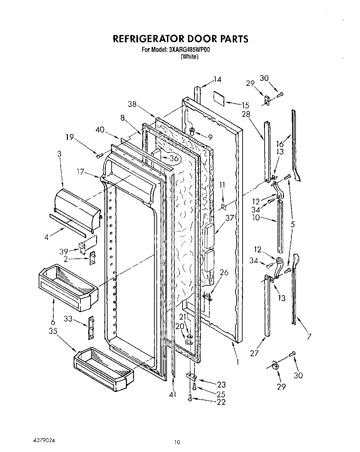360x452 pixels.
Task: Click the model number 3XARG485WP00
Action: (190, 50)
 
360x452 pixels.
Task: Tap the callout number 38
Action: (133, 105)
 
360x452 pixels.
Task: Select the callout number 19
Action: (70, 138)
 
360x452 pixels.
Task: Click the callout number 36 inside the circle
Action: (174, 158)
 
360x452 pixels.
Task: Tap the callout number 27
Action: (254, 353)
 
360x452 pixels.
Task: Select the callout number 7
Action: (309, 337)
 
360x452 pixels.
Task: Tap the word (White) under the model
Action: (189, 57)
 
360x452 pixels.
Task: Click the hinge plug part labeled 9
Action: (193, 131)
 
